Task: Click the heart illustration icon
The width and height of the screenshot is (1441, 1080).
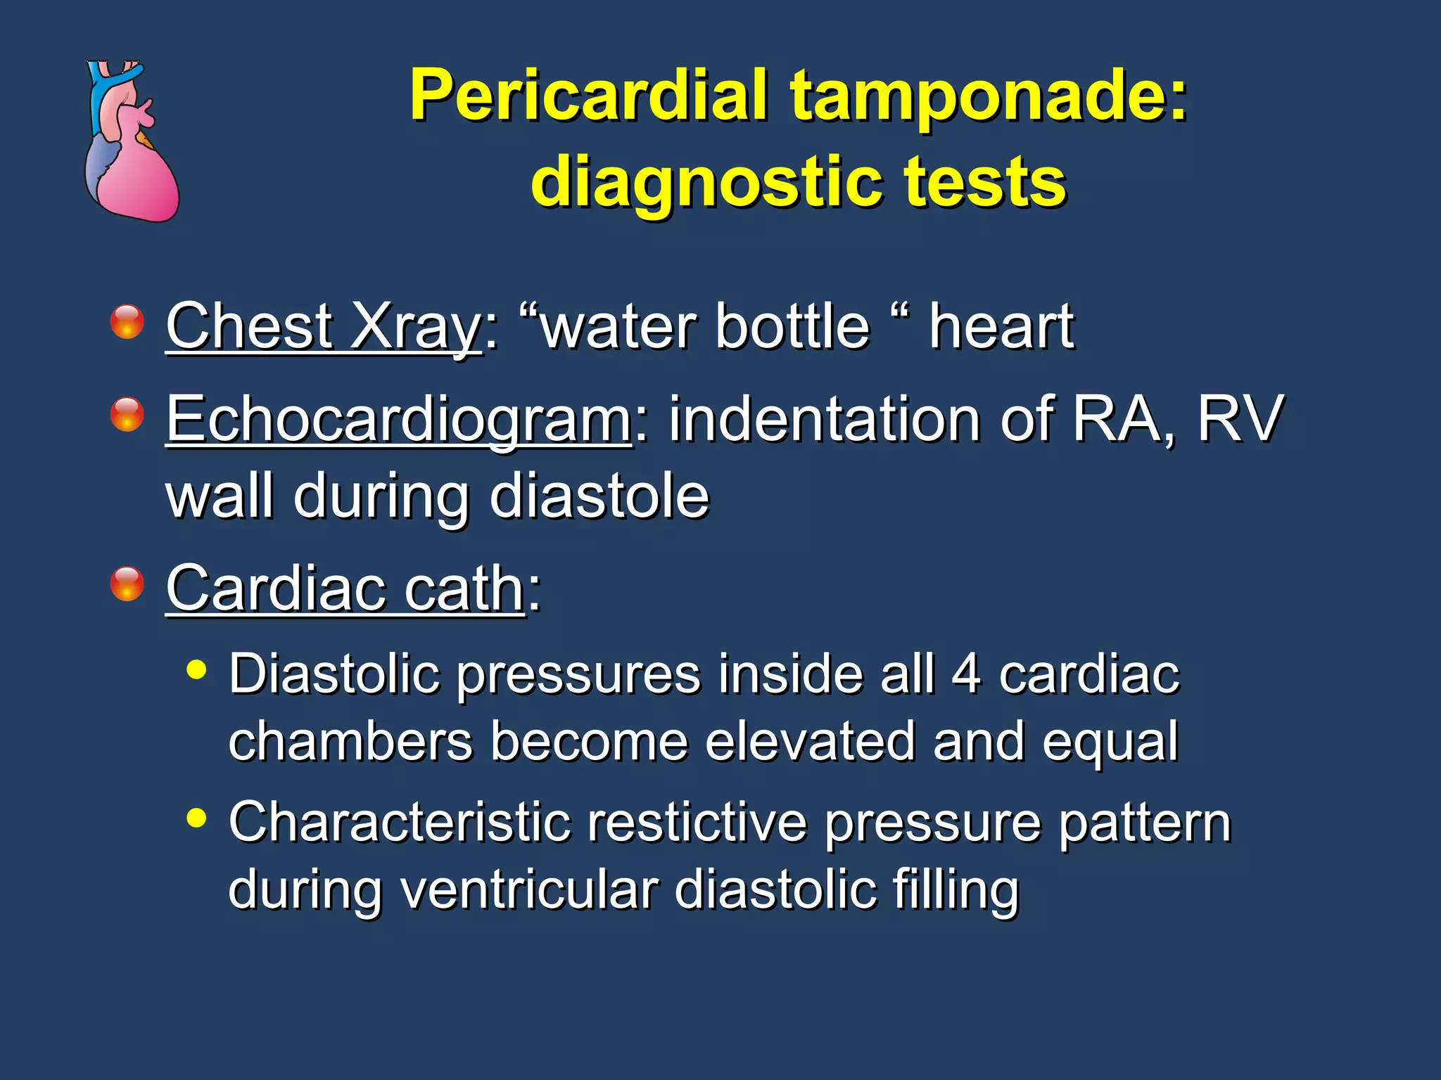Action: (x=132, y=141)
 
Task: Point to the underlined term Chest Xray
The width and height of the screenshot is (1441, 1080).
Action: (x=324, y=326)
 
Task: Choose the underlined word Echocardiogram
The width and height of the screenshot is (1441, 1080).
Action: (x=399, y=420)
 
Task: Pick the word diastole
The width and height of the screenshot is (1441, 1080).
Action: (x=599, y=496)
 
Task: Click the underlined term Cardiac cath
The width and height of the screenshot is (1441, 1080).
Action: (x=345, y=589)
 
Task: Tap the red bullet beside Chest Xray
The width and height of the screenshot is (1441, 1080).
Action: (x=127, y=322)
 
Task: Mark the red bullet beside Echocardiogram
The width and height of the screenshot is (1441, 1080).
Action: (x=127, y=414)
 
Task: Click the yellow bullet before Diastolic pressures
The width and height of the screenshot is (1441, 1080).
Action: (x=197, y=669)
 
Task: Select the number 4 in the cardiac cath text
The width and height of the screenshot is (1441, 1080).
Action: (x=966, y=674)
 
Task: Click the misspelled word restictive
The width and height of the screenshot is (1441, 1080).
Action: (x=697, y=823)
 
